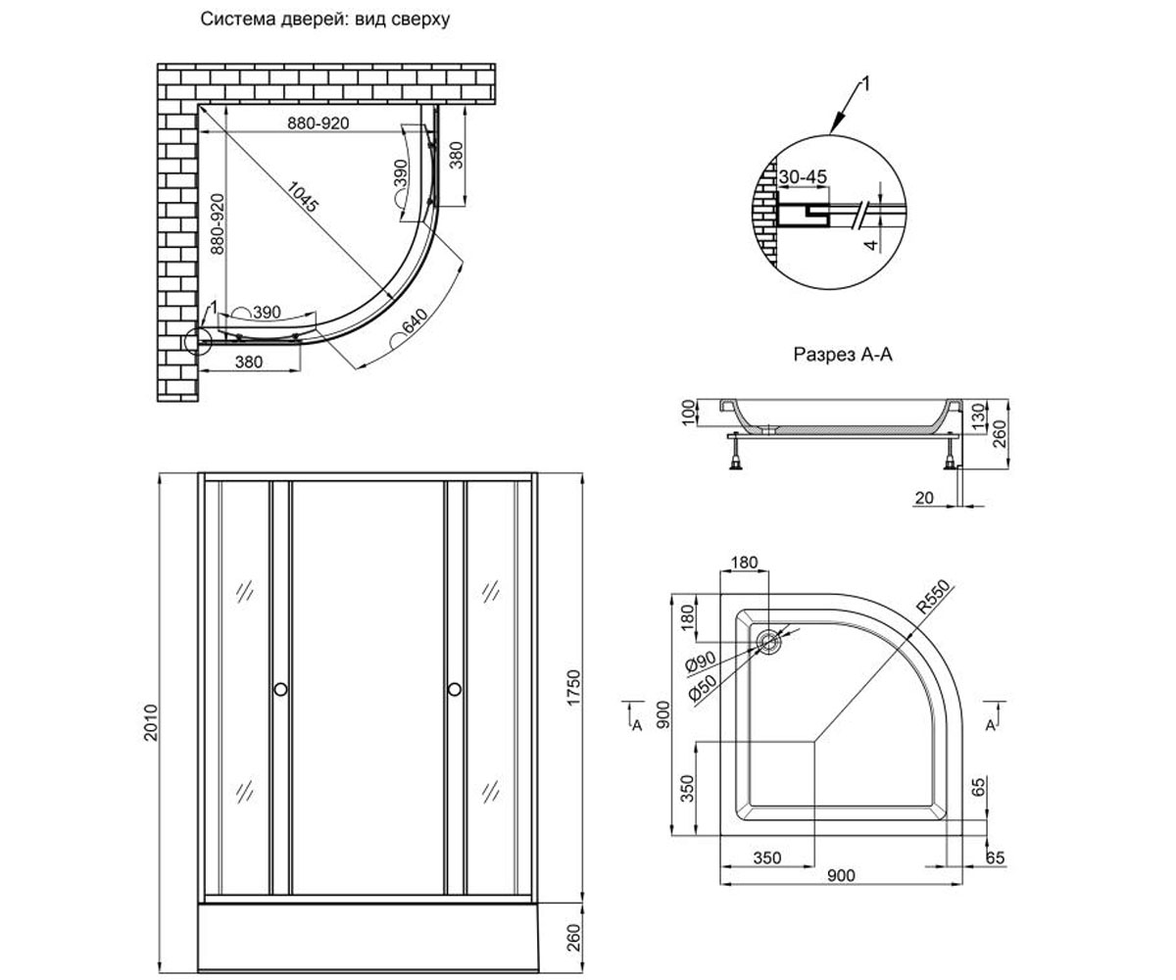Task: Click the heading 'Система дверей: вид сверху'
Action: point(325,20)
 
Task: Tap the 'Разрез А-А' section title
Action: point(843,354)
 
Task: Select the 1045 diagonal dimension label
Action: point(303,197)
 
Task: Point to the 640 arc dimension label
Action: point(416,321)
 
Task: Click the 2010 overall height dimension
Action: point(150,722)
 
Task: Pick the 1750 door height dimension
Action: point(572,688)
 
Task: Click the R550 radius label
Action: point(933,597)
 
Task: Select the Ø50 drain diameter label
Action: point(703,688)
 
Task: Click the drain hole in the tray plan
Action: point(768,642)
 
